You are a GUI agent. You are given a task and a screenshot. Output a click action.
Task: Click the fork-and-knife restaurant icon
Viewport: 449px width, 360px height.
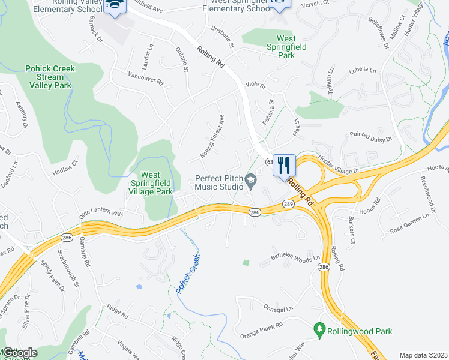285,164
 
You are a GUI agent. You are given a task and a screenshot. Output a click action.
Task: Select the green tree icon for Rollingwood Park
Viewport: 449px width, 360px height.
319,330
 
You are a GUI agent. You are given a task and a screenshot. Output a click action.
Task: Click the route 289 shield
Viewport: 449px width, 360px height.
289,204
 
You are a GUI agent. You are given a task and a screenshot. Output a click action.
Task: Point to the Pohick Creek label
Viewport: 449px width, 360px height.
188,274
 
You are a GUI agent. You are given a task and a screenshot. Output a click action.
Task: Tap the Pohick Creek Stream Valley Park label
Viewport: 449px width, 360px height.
50,77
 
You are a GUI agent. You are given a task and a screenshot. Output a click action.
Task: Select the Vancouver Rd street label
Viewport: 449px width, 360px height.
146,79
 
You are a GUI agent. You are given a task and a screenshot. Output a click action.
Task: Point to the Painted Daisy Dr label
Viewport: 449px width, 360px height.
370,137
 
